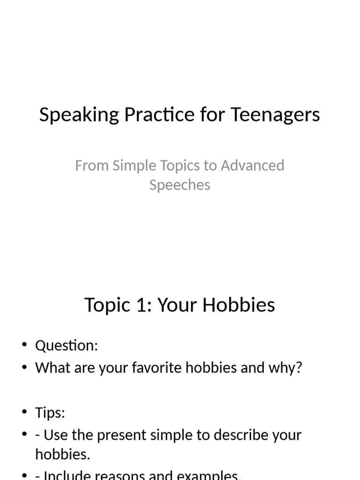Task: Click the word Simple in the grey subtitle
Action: (129, 165)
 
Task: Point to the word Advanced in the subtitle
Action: (253, 165)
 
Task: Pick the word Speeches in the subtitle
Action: (180, 185)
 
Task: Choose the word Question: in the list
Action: (67, 346)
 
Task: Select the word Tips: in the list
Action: (50, 413)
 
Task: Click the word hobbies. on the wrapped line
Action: (63, 454)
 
